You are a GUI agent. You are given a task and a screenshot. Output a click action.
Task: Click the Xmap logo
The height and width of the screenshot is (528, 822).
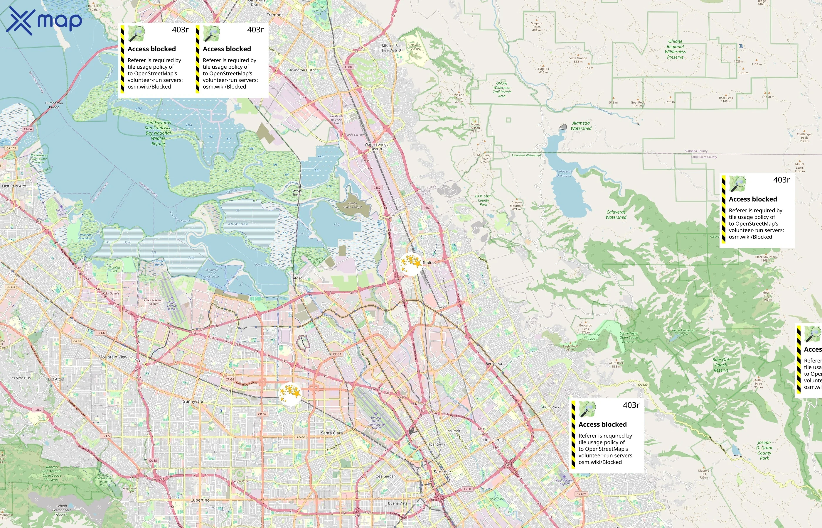pos(44,21)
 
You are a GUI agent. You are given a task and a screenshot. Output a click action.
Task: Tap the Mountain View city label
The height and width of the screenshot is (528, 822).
pos(113,357)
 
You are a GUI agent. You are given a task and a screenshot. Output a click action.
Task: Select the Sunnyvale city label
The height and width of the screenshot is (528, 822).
pos(193,401)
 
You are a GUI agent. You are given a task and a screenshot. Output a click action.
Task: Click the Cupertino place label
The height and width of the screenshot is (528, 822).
pos(200,500)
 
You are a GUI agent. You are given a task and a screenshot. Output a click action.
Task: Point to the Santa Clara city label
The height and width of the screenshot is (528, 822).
pos(331,433)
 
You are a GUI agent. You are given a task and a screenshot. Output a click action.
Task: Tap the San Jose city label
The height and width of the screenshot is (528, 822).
pos(442,472)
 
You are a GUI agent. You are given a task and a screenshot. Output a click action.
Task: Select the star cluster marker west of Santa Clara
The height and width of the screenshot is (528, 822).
pos(290,393)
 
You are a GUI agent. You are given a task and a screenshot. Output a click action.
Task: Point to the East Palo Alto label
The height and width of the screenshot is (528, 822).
pos(14,186)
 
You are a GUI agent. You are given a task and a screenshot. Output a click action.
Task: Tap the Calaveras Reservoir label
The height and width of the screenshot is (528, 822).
pos(564,173)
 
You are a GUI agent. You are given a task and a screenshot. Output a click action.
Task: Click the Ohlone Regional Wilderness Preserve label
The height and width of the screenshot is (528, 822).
pos(675,49)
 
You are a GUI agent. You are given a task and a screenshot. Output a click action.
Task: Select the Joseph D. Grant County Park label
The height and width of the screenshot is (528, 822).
pos(764,450)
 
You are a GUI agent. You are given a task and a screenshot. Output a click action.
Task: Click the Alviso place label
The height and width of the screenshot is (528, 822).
pos(297,278)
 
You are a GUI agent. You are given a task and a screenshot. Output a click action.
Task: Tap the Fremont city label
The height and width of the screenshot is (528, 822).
pos(274,15)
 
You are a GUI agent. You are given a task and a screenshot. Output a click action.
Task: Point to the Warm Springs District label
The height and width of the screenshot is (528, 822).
pos(376,146)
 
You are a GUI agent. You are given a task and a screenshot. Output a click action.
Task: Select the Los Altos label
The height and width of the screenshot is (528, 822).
pos(55,379)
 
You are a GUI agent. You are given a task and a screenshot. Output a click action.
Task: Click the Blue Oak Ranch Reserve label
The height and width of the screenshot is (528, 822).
pos(721,365)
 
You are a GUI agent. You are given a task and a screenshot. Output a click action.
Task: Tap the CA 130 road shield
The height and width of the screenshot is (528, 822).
pos(643,385)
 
